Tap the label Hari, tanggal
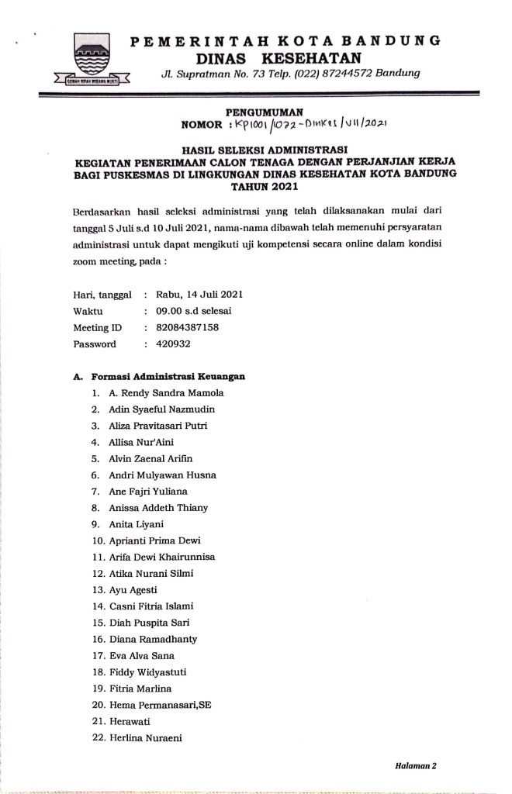[102, 295]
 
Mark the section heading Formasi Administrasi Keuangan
[168, 376]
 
